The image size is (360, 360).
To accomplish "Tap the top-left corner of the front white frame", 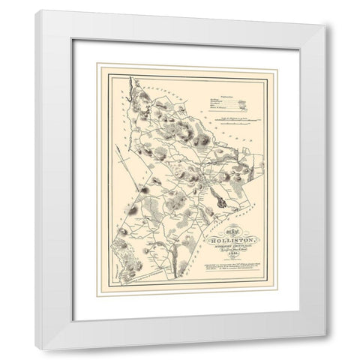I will [x=36, y=10].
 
